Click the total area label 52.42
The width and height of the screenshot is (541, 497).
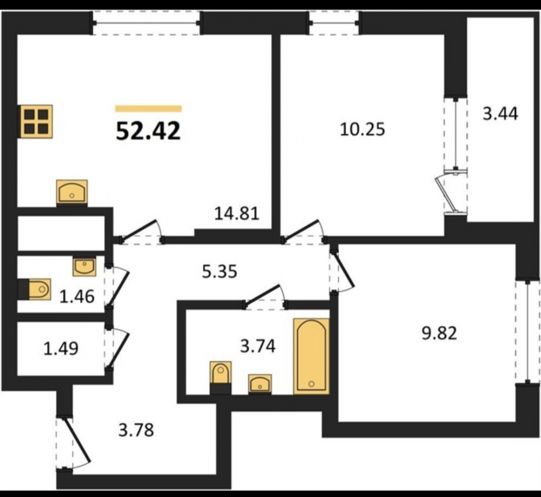coord(148,131)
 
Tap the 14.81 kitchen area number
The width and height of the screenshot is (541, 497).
coord(237,213)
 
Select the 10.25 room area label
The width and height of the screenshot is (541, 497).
coord(362,130)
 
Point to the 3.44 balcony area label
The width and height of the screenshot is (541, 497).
coord(500,113)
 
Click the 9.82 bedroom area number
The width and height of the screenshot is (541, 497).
coord(439,333)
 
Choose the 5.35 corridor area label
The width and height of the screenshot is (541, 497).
coord(220,271)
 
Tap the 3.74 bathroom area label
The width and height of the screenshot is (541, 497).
coord(258,346)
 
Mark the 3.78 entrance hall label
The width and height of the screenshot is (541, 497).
coord(136,430)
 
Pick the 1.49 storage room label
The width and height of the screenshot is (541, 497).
coord(61,348)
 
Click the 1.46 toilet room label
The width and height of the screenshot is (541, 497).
coord(77,296)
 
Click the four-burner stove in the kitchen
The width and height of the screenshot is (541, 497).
coord(35,122)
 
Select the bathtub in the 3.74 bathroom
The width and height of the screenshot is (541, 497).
coord(311,356)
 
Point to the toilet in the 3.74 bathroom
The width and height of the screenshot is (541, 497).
coord(221,377)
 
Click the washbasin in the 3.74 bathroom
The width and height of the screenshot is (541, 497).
coord(260,384)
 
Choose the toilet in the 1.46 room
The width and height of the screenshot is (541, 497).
coord(35,289)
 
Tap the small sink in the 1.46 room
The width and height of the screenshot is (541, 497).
coord(84,267)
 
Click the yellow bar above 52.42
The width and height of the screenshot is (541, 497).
coord(148,109)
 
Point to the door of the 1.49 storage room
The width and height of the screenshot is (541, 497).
coord(117,348)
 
